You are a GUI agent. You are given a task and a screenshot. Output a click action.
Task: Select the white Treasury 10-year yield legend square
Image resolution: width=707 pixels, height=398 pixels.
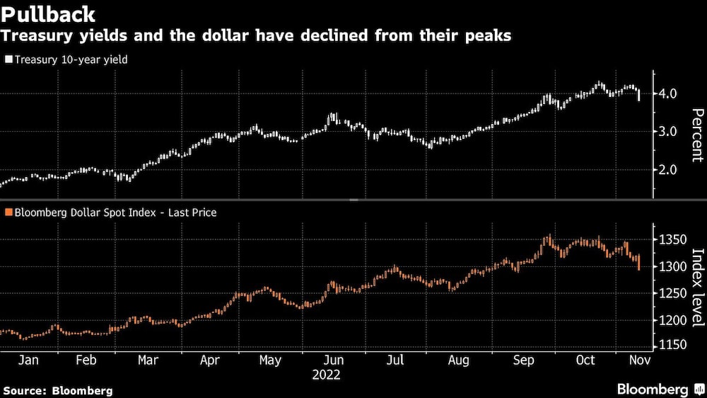coord(8,60)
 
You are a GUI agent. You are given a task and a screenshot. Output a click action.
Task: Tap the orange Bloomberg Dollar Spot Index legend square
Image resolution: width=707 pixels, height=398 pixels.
coord(8,212)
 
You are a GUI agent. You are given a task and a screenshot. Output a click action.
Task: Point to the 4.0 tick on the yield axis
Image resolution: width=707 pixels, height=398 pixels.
coord(668,93)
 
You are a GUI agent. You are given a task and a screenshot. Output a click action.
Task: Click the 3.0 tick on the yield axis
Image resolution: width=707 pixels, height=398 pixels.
coord(668,132)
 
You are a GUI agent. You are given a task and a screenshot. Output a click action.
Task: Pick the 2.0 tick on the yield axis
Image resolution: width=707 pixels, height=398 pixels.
coord(668,170)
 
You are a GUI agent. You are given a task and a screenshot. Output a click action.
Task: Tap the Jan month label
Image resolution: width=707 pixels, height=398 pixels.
coord(28,360)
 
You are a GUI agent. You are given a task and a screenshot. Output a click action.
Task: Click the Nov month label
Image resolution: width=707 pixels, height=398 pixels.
coord(640,360)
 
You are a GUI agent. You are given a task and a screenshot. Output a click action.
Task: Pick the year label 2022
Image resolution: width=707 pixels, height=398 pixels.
coord(326,375)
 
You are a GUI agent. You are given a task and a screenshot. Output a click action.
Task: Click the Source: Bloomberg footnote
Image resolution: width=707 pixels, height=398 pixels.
coord(57,390)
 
